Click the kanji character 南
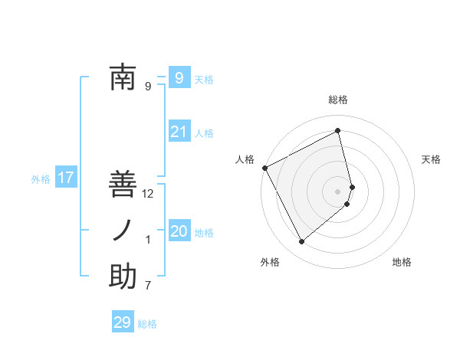pos(123,77)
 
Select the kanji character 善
pos(123,184)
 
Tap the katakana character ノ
pos(123,231)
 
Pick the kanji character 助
pos(123,277)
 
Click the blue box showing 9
pos(179,77)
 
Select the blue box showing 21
pos(179,132)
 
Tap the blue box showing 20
pos(179,231)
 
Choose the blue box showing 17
pos(65,178)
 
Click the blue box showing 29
pos(123,322)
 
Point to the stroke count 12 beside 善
pos(148,194)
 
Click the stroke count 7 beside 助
pos(148,286)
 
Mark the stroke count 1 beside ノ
pos(148,240)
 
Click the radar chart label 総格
pos(338,100)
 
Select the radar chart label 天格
pos(432,159)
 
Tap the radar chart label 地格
pos(402,262)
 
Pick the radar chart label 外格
pos(270,262)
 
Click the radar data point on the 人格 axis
pos(264,168)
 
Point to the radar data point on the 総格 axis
pos(338,131)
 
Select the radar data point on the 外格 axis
pos(301,242)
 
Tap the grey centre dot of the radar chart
pos(338,190)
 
